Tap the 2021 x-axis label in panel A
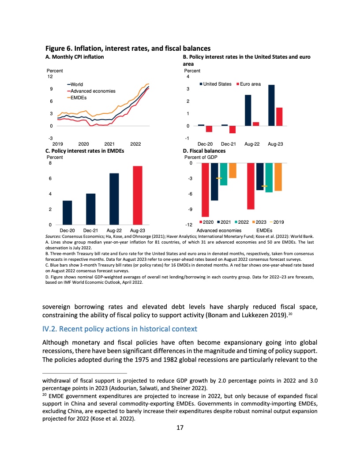pyautogui.click(x=110, y=144)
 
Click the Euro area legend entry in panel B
pyautogui.click(x=250, y=84)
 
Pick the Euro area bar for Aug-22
pyautogui.click(x=256, y=124)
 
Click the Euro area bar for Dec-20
pyautogui.click(x=209, y=129)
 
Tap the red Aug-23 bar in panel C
pyautogui.click(x=137, y=195)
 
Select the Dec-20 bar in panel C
pyautogui.click(x=67, y=213)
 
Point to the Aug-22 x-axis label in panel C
pyautogui.click(x=114, y=230)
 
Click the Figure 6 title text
pyautogui.click(x=128, y=48)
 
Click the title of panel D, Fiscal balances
pyautogui.click(x=204, y=151)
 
